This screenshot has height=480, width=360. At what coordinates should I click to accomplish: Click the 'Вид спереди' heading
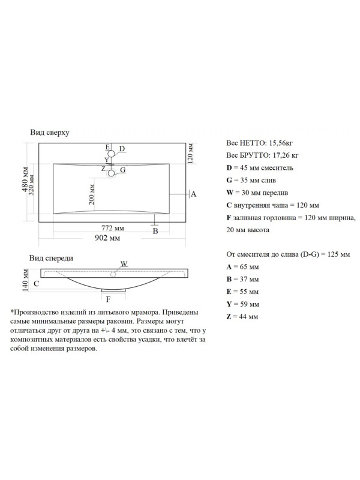coord(52,259)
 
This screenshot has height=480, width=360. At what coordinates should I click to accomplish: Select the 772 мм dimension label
coord(112,228)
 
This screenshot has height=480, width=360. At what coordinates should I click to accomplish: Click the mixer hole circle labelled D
coord(113,151)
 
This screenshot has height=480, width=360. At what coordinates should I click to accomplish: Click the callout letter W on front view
coord(124,263)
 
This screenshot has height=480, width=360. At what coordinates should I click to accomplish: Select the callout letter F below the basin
coord(108,298)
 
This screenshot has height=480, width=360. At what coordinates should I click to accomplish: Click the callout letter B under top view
coord(155,230)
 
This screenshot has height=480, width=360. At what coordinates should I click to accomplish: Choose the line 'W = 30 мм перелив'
coord(258,193)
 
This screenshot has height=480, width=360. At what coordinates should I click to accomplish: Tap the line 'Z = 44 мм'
coord(242,316)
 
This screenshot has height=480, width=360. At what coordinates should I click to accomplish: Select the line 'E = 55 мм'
coord(242,292)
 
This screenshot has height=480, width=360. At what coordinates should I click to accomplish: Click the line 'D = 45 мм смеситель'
coord(260,168)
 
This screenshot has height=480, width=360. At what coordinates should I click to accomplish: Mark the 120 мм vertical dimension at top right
coord(190,153)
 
